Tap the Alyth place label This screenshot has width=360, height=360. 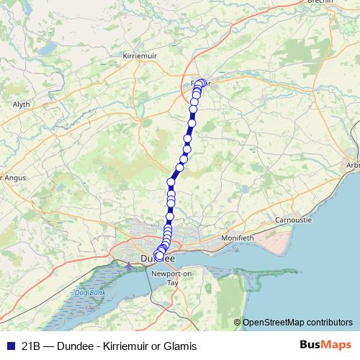coord(21,104)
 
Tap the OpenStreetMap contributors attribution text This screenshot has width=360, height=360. coord(297,323)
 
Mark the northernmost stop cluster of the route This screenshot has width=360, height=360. coord(201,84)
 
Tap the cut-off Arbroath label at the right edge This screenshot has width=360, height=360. coord(353,165)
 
